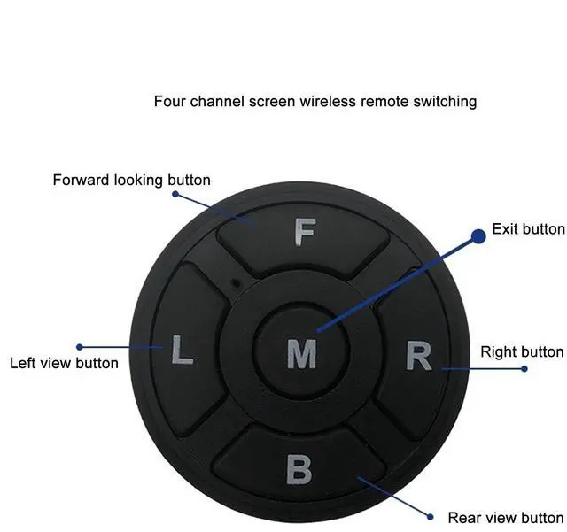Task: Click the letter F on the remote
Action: [x=304, y=233]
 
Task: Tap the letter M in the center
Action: [x=301, y=354]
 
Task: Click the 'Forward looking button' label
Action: [x=131, y=181]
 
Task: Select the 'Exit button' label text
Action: [x=528, y=229]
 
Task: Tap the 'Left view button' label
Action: [x=64, y=363]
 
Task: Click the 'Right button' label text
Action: [x=522, y=352]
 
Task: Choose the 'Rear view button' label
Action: [x=505, y=518]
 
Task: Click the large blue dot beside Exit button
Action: [x=478, y=235]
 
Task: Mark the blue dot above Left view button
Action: [x=80, y=347]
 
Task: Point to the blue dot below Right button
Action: [x=524, y=368]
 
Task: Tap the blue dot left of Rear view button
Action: [x=430, y=516]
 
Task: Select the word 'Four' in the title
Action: [x=169, y=101]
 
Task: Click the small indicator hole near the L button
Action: [x=234, y=282]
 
